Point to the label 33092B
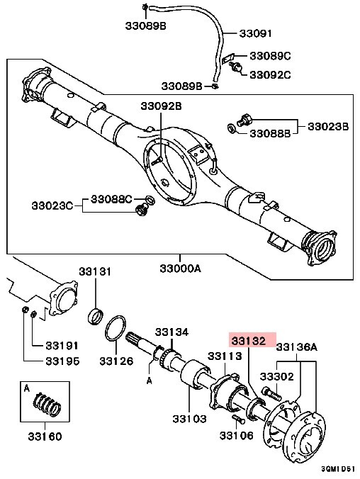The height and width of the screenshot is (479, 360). [161, 106]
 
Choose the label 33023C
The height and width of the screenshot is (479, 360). [52, 205]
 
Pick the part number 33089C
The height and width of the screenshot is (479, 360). [269, 56]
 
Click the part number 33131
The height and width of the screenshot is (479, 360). [95, 272]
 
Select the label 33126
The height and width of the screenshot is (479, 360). [116, 361]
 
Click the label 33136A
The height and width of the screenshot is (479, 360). [296, 347]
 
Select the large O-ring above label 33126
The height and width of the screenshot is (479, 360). [116, 329]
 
